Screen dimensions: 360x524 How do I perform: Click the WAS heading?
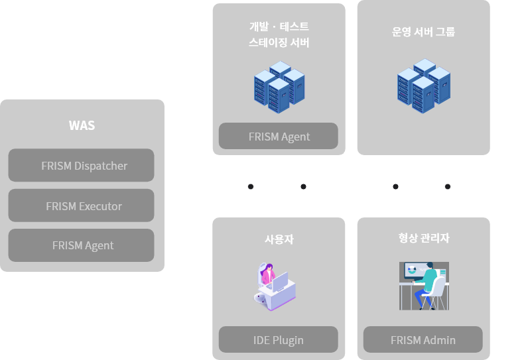pyautogui.click(x=82, y=125)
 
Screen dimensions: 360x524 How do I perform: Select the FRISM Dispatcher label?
pyautogui.click(x=84, y=166)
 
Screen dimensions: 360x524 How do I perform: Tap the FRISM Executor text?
pyautogui.click(x=84, y=206)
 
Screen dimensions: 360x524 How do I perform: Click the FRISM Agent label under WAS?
pyautogui.click(x=83, y=245)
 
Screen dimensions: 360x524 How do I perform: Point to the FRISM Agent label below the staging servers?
pyautogui.click(x=279, y=137)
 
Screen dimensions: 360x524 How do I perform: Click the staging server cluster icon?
pyautogui.click(x=279, y=87)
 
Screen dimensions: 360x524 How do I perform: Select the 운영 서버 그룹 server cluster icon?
pyautogui.click(x=423, y=86)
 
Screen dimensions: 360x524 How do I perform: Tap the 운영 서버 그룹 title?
pyautogui.click(x=423, y=32)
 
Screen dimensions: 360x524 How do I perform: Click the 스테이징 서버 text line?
pyautogui.click(x=279, y=43)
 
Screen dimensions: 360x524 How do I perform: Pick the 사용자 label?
pyautogui.click(x=279, y=239)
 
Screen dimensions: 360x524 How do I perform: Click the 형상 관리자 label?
pyautogui.click(x=419, y=238)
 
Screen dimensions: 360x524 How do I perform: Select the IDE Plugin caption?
pyautogui.click(x=279, y=340)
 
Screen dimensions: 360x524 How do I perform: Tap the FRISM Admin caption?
pyautogui.click(x=423, y=340)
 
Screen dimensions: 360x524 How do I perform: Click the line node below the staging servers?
pyautogui.click(x=251, y=186)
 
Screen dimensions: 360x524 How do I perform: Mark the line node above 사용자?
pyautogui.click(x=303, y=186)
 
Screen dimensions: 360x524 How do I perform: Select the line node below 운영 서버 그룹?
pyautogui.click(x=395, y=186)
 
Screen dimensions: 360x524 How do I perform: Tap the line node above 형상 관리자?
pyautogui.click(x=448, y=186)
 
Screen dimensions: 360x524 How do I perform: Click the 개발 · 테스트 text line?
pyautogui.click(x=279, y=27)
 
